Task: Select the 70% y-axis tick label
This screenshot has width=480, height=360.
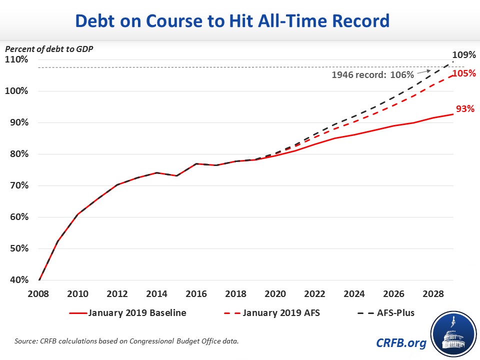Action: coord(18,185)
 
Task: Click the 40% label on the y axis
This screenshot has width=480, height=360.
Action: coord(18,280)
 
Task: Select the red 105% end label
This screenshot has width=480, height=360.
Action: coord(463,73)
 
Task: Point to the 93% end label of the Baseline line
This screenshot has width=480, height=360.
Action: coord(464,109)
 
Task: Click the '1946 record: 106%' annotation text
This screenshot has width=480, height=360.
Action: coord(372,75)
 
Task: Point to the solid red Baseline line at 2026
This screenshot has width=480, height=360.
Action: coord(394,125)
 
